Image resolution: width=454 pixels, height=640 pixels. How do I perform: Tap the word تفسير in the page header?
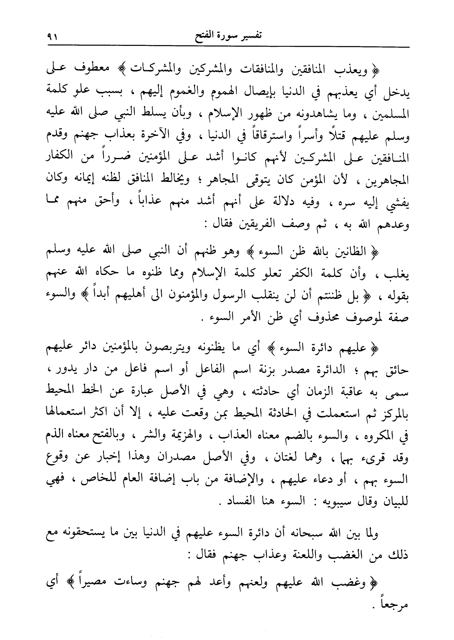(x=249, y=36)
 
